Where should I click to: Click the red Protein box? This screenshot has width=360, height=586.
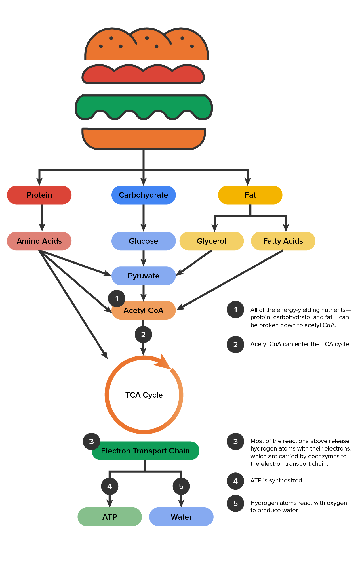(39, 195)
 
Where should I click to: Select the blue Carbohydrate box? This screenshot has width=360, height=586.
(143, 195)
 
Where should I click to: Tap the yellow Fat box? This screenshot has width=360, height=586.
(250, 195)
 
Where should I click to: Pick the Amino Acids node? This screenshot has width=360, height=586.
(39, 241)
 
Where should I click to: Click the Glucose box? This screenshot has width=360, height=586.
(143, 241)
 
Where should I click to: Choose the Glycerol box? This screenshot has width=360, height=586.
(212, 241)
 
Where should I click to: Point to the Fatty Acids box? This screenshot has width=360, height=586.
(283, 241)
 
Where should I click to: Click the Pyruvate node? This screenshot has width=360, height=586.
(143, 276)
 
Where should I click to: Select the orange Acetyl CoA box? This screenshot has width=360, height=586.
(143, 311)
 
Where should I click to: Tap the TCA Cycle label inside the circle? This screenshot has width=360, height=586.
(144, 395)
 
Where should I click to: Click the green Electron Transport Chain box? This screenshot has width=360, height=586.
(145, 451)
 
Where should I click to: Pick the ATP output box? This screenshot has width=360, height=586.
(110, 517)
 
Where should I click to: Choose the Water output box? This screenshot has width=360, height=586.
(181, 517)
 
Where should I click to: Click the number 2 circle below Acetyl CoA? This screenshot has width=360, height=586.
(143, 334)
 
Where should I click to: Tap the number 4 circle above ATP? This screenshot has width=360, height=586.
(110, 486)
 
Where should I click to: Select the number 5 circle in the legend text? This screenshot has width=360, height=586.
(235, 503)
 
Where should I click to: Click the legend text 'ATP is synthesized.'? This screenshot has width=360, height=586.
(277, 480)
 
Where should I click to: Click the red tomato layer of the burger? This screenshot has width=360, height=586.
(143, 75)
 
